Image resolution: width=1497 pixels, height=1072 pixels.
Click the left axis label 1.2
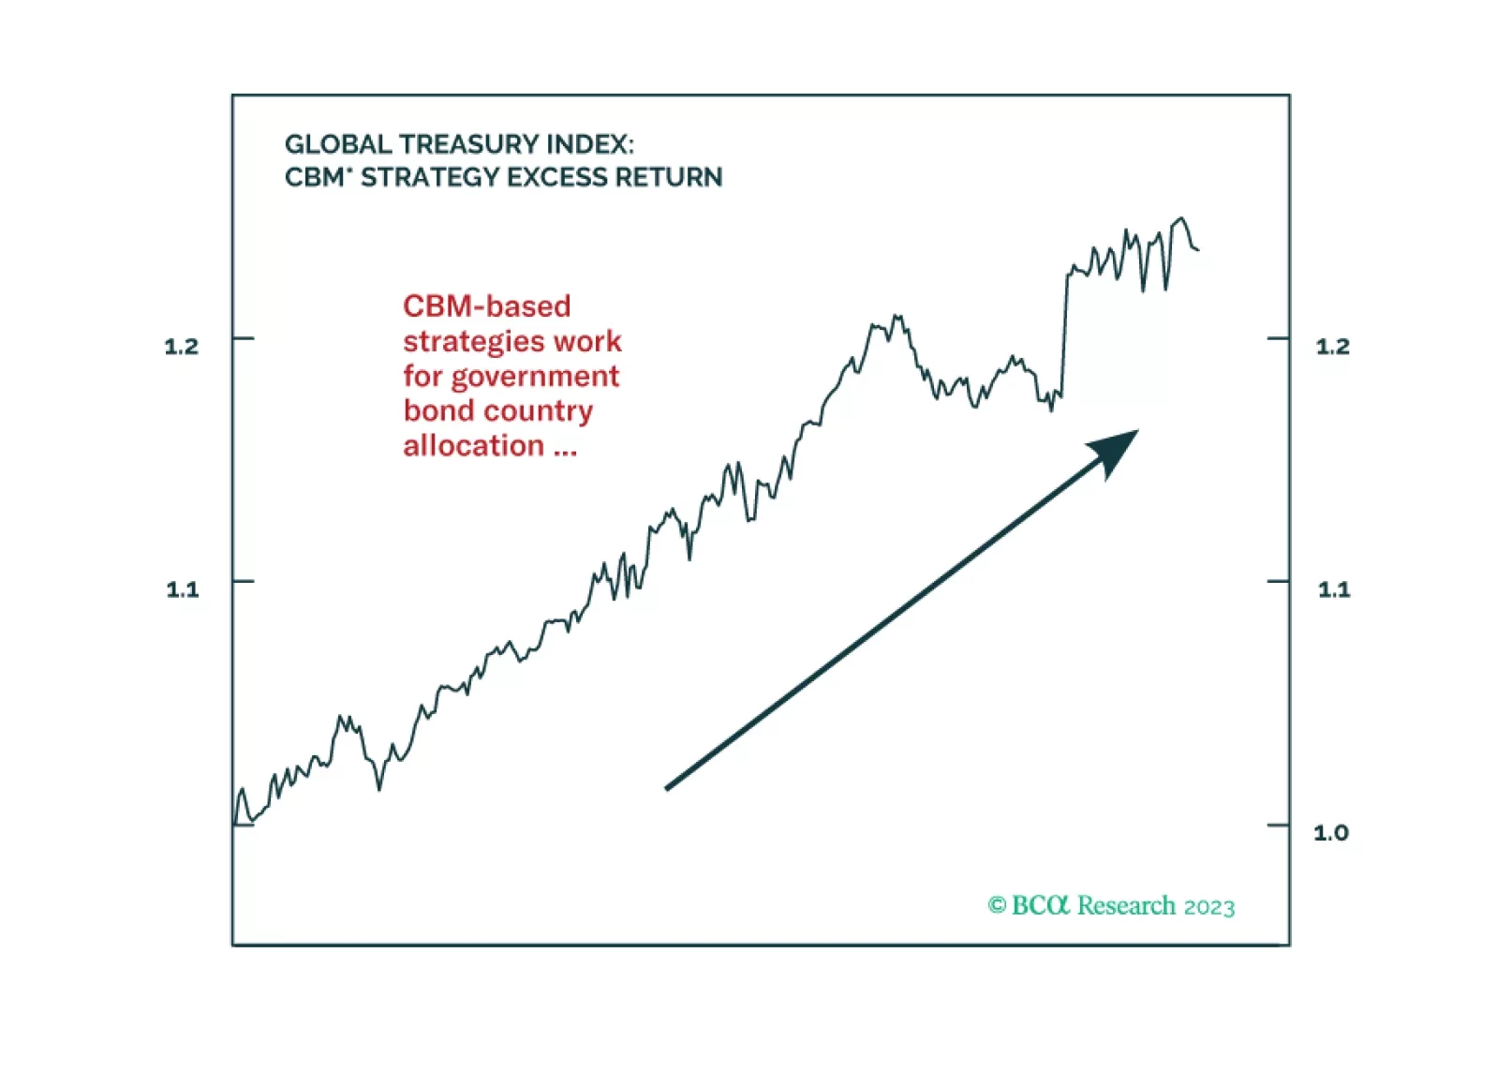click(x=182, y=347)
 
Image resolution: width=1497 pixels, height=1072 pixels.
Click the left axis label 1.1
click(x=183, y=589)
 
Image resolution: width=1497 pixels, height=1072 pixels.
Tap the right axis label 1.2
click(x=1332, y=347)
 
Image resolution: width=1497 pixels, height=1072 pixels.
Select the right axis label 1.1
click(x=1334, y=589)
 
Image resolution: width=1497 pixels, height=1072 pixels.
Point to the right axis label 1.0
click(x=1331, y=832)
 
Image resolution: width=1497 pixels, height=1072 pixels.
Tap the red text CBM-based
click(x=486, y=306)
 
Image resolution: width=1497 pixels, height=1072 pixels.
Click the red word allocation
click(x=473, y=446)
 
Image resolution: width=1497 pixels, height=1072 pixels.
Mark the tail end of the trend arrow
click(x=668, y=787)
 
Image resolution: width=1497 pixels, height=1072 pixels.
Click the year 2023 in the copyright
click(x=1209, y=907)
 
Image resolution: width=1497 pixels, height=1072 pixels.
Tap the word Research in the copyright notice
click(x=1126, y=905)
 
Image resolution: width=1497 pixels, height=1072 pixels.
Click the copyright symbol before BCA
click(x=997, y=905)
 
